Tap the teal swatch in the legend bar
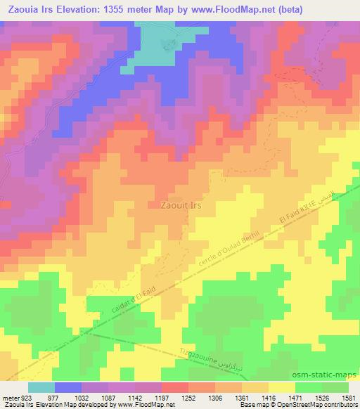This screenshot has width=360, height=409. (x=41, y=387)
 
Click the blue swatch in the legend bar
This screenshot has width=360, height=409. (x=68, y=387)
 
